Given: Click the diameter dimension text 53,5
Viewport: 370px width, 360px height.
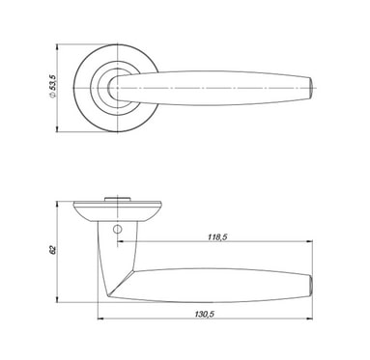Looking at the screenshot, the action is [x=53, y=83].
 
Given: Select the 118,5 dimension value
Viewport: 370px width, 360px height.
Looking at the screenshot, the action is [x=217, y=237].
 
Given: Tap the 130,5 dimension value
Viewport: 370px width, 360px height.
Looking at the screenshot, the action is [x=204, y=314].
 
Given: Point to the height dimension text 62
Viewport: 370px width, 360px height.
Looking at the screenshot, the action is [x=53, y=250].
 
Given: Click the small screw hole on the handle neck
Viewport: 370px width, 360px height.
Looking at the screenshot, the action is [x=117, y=229].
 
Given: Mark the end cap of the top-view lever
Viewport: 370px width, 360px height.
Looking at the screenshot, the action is [x=310, y=88].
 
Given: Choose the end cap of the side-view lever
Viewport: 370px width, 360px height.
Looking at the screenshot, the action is [x=310, y=285].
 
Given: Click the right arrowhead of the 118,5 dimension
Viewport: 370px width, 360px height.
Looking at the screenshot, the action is [x=309, y=241].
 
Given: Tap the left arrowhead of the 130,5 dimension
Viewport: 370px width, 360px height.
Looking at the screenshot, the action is [x=100, y=318].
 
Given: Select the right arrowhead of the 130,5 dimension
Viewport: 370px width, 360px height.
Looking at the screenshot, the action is [x=309, y=318].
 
